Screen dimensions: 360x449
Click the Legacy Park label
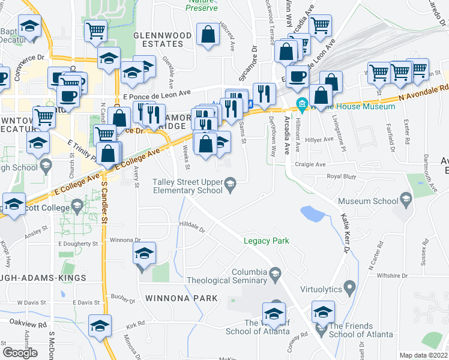266,241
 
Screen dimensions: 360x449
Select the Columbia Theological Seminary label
226,276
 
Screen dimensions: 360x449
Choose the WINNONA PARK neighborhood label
173,298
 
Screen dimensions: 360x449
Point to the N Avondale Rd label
423,91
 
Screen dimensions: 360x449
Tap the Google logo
20,352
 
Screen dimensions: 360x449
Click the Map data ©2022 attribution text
423,355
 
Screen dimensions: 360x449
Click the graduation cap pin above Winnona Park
143,254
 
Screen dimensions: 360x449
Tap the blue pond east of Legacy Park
310,213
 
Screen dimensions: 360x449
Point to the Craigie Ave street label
310,164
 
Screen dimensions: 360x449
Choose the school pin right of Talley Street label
231,183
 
